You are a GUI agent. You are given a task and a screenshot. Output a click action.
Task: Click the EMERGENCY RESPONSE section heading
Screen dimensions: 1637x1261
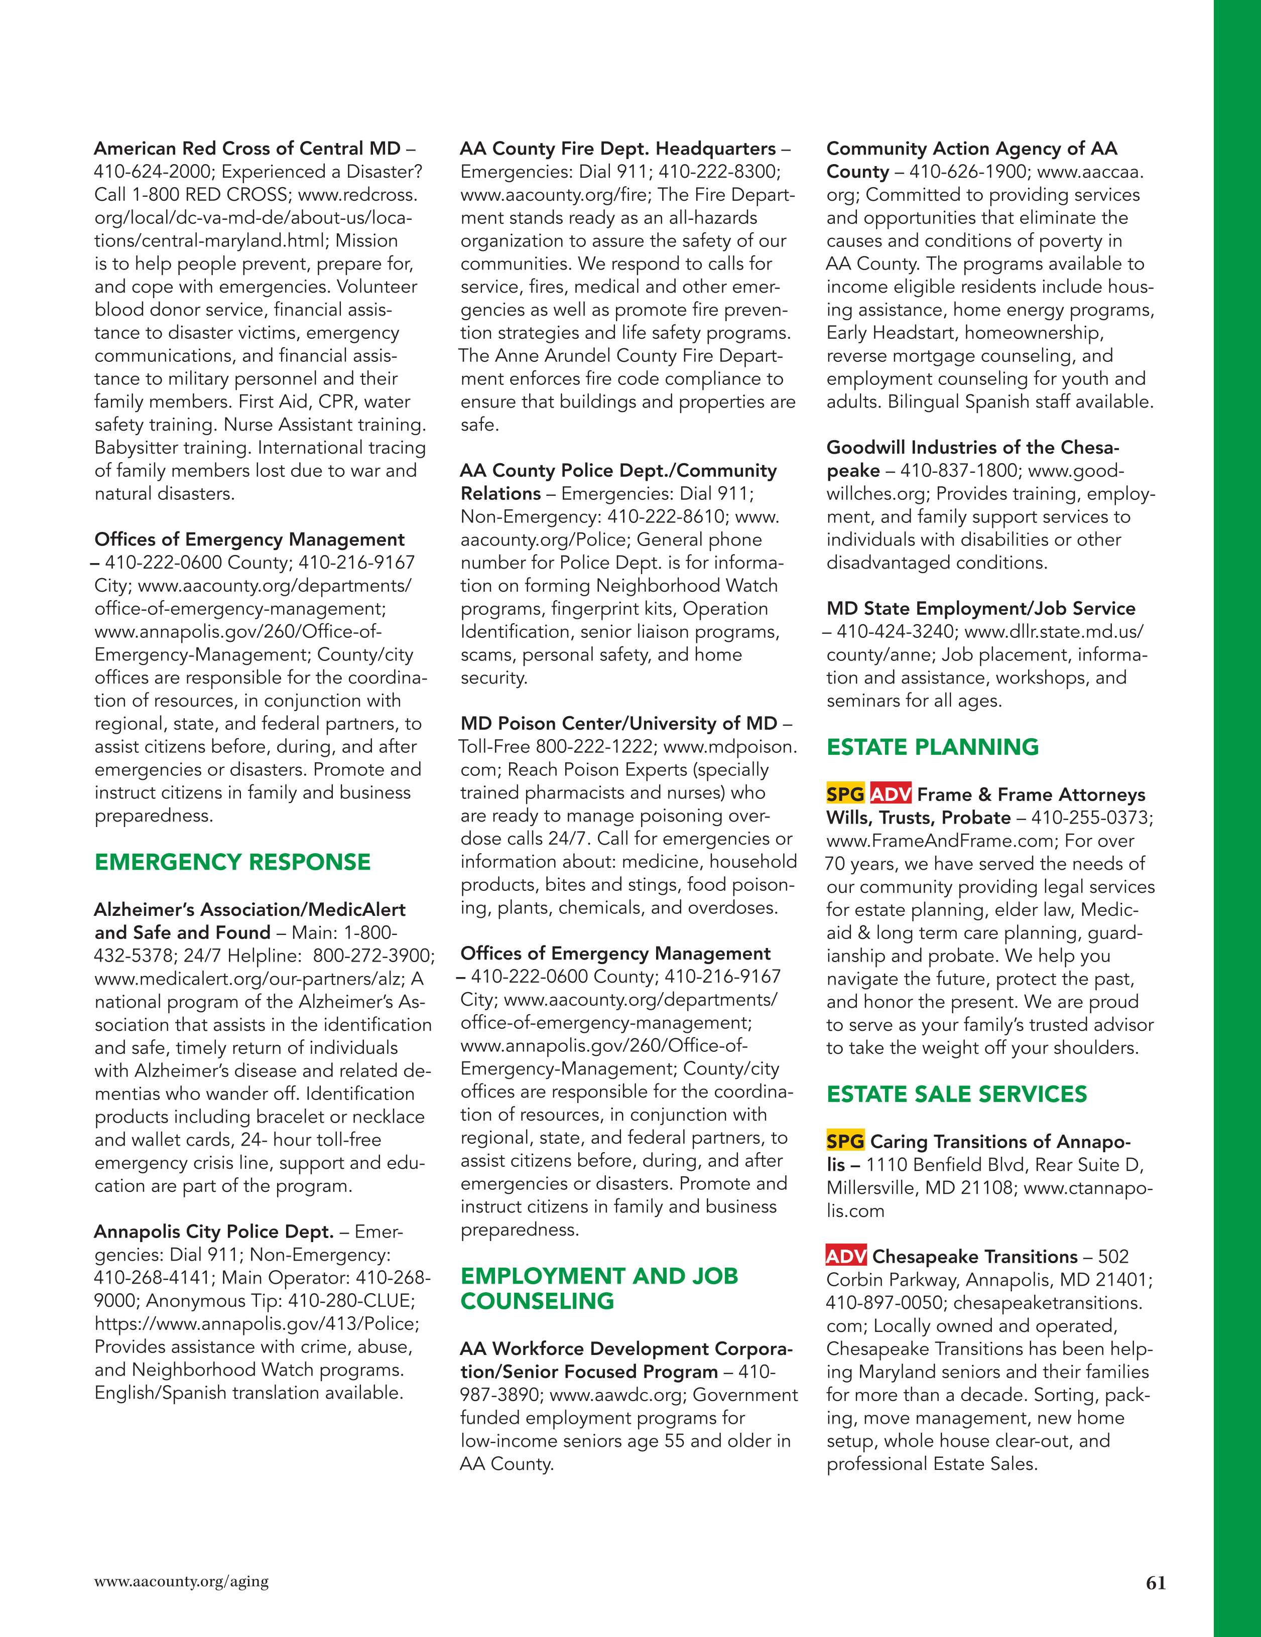tap(232, 862)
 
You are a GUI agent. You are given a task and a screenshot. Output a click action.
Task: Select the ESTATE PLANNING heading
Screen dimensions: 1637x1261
tap(933, 747)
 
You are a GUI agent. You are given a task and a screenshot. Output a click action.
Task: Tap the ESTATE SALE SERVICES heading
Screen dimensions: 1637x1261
tap(957, 1095)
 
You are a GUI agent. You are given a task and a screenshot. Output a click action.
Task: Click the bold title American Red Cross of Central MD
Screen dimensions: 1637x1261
tap(247, 149)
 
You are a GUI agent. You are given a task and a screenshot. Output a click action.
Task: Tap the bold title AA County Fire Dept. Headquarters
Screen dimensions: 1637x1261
tap(618, 149)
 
